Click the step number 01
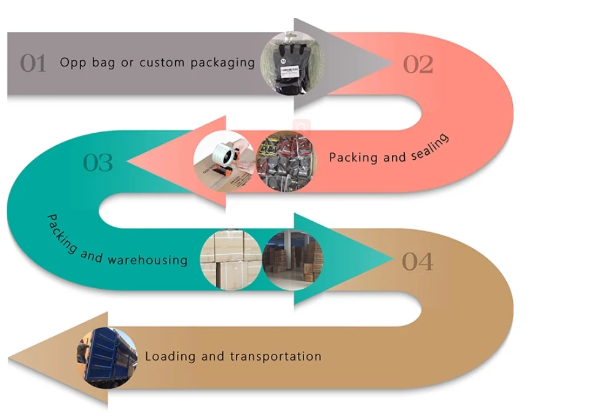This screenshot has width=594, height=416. [x=33, y=63]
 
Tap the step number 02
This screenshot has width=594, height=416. [x=418, y=64]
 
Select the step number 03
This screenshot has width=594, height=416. [x=98, y=163]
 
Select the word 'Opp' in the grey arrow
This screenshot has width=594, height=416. [x=71, y=63]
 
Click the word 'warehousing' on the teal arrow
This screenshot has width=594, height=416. [x=147, y=259]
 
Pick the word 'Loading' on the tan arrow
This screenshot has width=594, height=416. [x=170, y=356]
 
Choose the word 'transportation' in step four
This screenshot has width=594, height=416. [x=276, y=356]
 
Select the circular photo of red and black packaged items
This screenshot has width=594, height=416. [x=283, y=162]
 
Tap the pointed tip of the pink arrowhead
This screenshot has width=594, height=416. [x=127, y=162]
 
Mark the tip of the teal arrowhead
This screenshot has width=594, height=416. [x=391, y=260]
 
